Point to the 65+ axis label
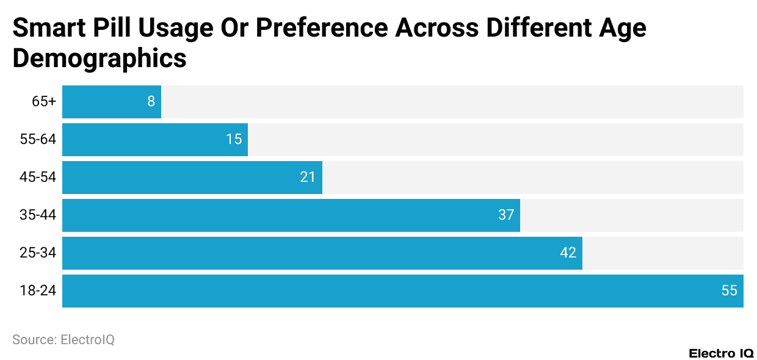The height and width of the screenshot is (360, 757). [x=44, y=102]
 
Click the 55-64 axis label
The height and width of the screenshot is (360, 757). [x=38, y=140]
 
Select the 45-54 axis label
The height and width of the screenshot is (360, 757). [x=38, y=178]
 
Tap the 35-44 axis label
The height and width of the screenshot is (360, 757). [x=38, y=215]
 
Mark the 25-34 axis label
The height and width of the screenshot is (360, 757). [x=38, y=253]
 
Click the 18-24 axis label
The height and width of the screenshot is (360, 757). [x=38, y=291]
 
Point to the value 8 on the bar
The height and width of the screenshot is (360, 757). [x=151, y=102]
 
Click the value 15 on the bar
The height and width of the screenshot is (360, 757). [x=234, y=140]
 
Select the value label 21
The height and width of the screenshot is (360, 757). [x=308, y=178]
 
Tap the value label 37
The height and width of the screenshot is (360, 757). [x=506, y=215]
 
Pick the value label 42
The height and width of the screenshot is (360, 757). [x=568, y=253]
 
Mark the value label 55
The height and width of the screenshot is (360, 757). [x=730, y=291]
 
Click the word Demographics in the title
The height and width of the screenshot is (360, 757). [x=100, y=59]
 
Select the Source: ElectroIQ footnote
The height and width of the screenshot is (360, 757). [x=63, y=340]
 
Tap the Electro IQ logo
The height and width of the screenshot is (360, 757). [x=721, y=353]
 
